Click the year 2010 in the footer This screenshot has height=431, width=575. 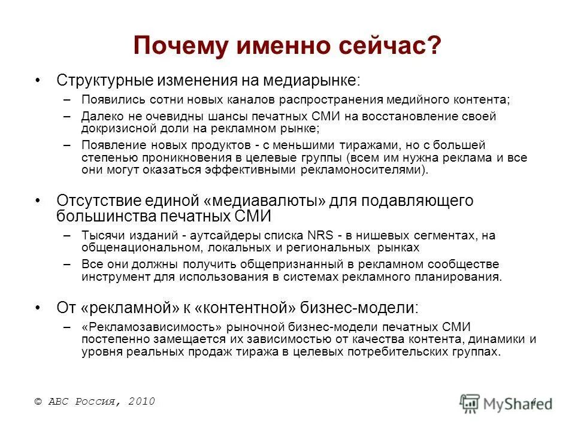coord(142,402)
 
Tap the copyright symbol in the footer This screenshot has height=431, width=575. coord(38,402)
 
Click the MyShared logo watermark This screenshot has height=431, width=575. coord(506,402)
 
